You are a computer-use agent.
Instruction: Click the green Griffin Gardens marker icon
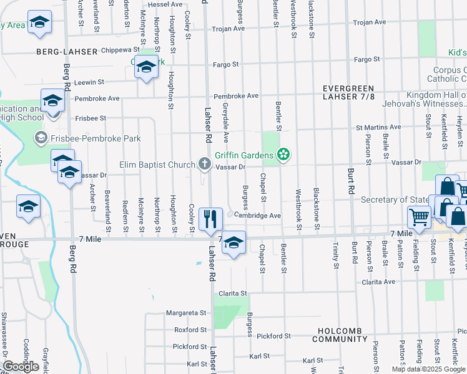[x=283, y=155]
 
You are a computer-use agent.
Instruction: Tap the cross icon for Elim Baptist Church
[x=204, y=165]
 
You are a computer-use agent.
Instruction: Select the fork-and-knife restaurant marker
[x=210, y=218]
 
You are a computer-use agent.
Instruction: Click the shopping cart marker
[x=419, y=217]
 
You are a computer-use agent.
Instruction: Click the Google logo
[x=21, y=367]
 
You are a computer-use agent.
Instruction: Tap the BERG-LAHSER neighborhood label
[x=67, y=52]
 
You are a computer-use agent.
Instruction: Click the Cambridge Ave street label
[x=258, y=216]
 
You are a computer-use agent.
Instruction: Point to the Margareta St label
[x=186, y=313]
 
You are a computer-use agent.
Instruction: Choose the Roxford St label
[x=190, y=330]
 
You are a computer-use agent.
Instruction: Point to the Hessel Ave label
[x=165, y=4]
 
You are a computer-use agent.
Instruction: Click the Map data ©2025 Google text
[x=428, y=369]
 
